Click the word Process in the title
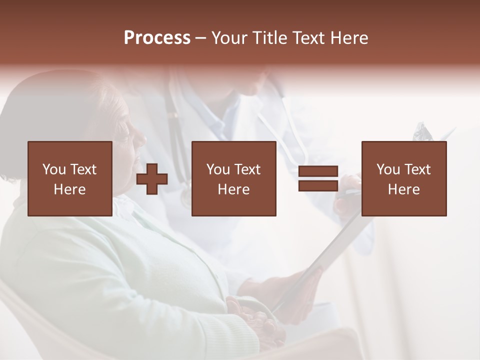pos(157,38)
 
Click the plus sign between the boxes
pos(152,179)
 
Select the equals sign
pos(318,179)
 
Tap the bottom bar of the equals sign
pos(318,186)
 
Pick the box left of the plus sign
pos(69,178)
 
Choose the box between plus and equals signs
pos(233,178)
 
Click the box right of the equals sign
pos(403,178)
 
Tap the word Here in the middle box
pos(233,189)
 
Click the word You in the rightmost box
pos(388,169)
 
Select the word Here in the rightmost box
pos(403,189)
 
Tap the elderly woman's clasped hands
pos(255,320)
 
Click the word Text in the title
pos(306,38)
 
